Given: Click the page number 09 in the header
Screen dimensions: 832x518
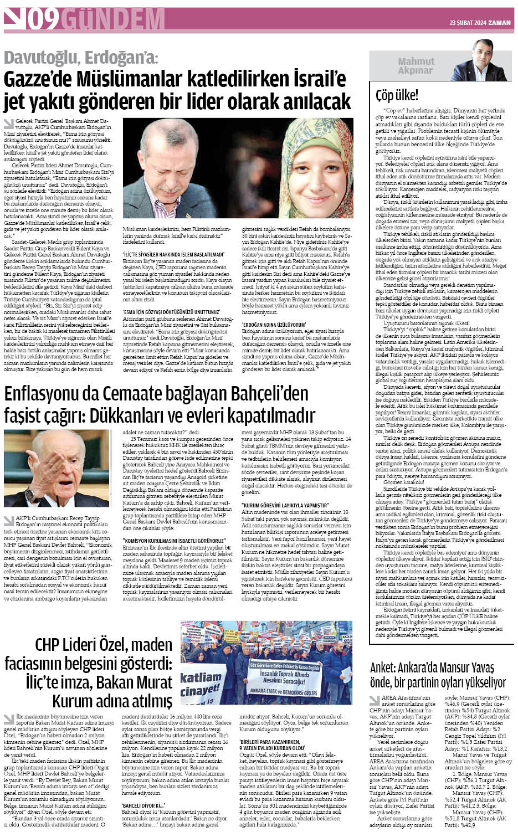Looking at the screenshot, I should tap(44, 20).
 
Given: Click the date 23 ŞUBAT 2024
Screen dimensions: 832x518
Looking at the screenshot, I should tap(468, 23).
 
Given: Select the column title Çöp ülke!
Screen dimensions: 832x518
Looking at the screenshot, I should tap(397, 95).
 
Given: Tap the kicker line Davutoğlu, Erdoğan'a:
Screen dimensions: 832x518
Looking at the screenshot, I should tap(81, 58).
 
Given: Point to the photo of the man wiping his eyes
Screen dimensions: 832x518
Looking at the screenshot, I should tap(179, 167).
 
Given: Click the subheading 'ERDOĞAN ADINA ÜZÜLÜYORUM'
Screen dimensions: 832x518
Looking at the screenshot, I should tap(274, 323).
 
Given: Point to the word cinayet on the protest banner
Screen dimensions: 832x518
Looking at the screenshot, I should tap(200, 691).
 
